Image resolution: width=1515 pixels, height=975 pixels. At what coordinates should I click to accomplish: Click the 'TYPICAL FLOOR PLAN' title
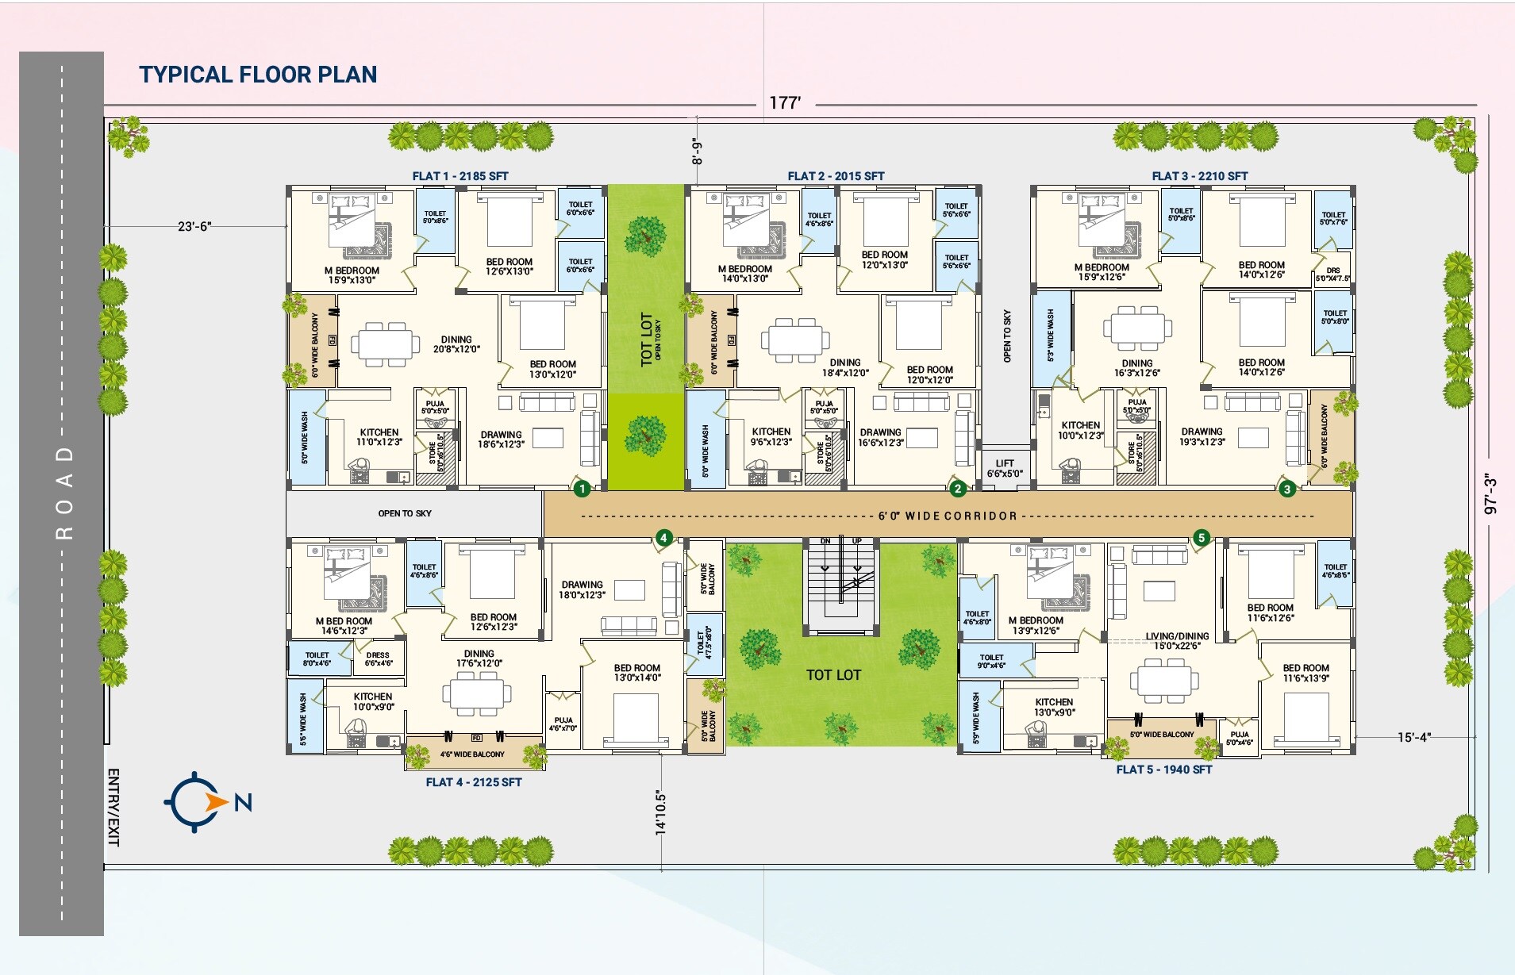[x=258, y=75]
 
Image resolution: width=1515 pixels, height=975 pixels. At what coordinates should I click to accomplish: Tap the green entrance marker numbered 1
[x=582, y=489]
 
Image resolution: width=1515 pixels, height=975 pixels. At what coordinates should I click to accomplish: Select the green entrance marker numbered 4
[x=663, y=538]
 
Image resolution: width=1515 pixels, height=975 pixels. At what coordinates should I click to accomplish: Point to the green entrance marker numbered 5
[x=1202, y=538]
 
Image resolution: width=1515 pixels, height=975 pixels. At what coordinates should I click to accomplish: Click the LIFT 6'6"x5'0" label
[x=1005, y=468]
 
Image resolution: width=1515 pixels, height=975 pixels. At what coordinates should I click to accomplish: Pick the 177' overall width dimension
[x=785, y=103]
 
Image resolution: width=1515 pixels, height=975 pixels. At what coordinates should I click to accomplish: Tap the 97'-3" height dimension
[x=1490, y=493]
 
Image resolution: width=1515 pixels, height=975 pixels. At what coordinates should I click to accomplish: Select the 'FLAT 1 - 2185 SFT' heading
[x=460, y=176]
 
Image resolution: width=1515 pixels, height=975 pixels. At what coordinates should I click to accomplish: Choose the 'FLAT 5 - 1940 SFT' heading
[x=1164, y=770]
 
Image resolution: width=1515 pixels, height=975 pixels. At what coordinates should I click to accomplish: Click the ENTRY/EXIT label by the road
[x=113, y=807]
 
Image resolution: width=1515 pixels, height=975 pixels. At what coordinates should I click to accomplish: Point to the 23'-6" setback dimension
[x=194, y=227]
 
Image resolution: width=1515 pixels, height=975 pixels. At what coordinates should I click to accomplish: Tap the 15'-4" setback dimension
[x=1413, y=737]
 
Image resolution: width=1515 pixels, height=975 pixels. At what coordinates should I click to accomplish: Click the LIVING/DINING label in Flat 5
[x=1177, y=640]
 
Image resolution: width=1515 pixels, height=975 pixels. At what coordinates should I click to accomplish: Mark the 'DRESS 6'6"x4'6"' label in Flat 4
[x=379, y=659]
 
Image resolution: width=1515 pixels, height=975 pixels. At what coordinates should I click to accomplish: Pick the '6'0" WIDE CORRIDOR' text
[x=948, y=516]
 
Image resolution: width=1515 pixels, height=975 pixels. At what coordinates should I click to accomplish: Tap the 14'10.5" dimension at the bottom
[x=660, y=812]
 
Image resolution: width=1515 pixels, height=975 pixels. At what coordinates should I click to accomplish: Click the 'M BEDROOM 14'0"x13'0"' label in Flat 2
[x=745, y=274]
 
